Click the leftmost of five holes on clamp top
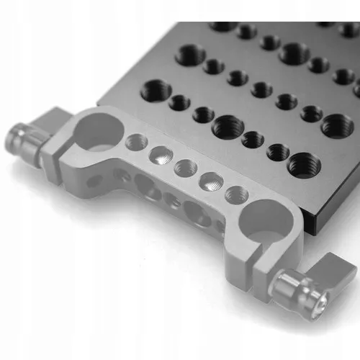pyautogui.click(x=133, y=141)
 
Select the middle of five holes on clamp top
pyautogui.click(x=185, y=168)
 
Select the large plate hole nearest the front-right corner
pyautogui.click(x=303, y=165)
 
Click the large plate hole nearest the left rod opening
pyautogui.click(x=157, y=91)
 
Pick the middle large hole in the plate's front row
pyautogui.click(x=228, y=127)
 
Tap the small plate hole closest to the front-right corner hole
pyautogui.click(x=278, y=151)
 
